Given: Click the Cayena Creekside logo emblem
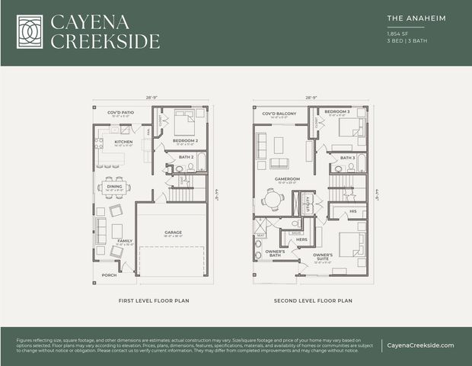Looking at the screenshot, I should [30, 31].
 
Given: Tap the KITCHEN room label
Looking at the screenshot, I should [123, 141].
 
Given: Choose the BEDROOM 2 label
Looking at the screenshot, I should [185, 141].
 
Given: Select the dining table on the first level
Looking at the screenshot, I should [113, 187].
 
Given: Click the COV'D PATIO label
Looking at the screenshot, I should [121, 111].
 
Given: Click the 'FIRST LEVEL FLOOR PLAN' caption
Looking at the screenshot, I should [154, 300].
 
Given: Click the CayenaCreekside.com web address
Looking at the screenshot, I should [419, 345].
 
